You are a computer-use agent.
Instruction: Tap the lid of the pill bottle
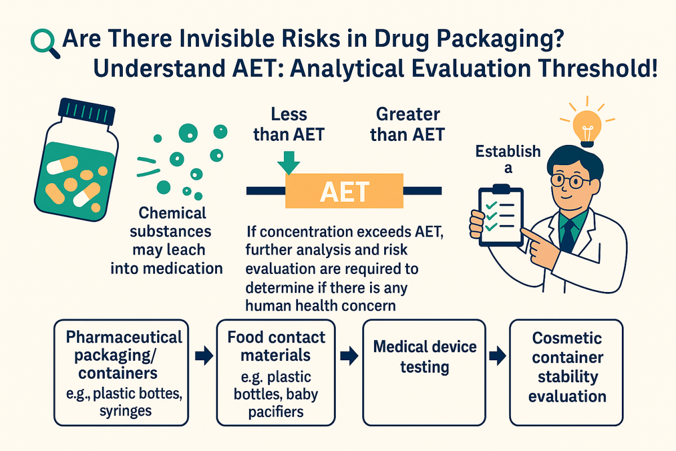tap(87, 112)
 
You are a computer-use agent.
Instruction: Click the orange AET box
tap(344, 191)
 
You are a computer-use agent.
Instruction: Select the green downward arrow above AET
tap(288, 163)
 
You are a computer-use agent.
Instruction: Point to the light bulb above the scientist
tap(587, 127)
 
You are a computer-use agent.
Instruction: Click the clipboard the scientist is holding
tap(501, 215)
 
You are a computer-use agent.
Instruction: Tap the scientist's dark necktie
tap(568, 236)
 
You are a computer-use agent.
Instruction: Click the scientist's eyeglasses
tap(569, 180)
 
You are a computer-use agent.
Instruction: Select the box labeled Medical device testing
tap(424, 373)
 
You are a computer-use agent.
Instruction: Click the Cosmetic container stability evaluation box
tap(567, 373)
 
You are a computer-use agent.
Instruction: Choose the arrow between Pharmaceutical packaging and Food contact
tap(204, 356)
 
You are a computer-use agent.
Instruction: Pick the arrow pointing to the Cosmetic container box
tap(497, 356)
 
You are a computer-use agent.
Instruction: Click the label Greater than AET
tap(407, 124)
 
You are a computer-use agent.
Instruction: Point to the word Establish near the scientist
tap(508, 151)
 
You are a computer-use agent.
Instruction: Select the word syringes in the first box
tap(126, 412)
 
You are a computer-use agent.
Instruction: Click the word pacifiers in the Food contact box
tap(276, 412)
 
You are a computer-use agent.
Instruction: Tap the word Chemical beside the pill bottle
tap(172, 213)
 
